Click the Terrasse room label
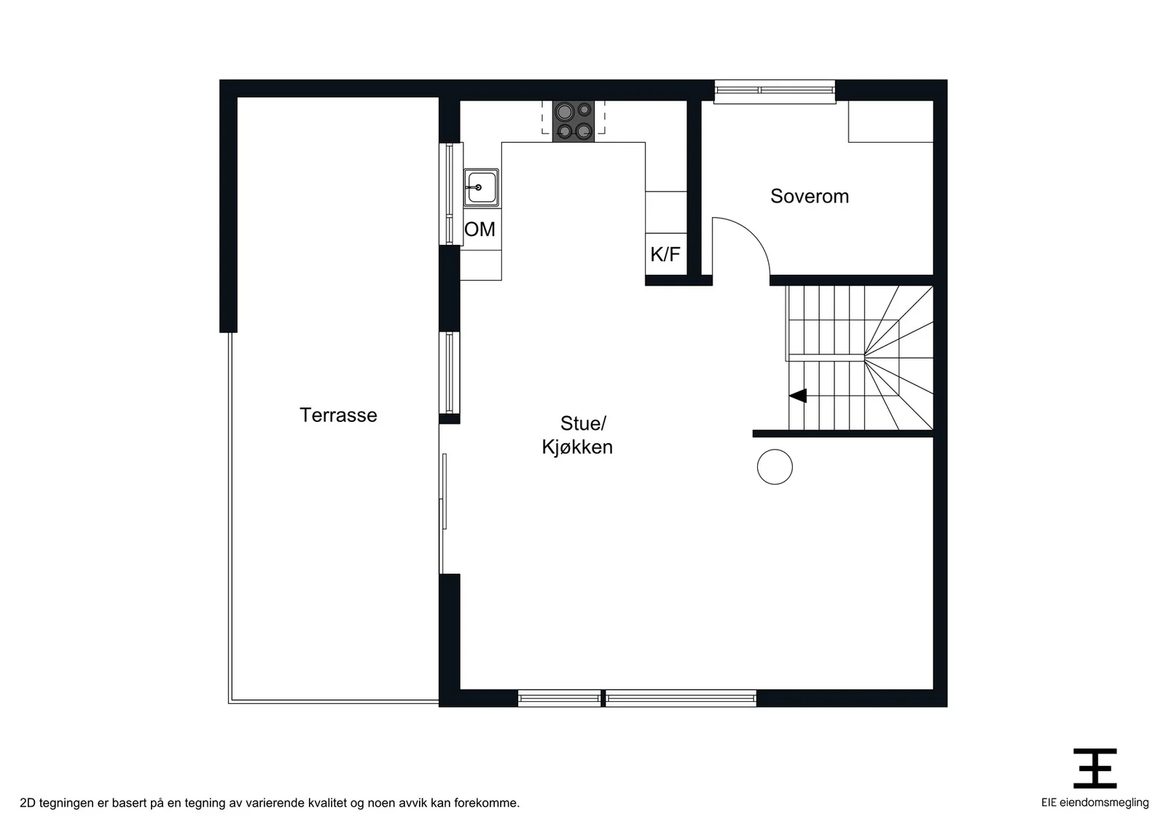338,415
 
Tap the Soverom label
810,196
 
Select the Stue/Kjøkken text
577,435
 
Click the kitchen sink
481,187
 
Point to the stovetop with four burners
573,121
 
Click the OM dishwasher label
480,229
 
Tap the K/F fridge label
665,254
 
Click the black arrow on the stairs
798,396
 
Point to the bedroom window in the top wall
775,91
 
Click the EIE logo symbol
1095,768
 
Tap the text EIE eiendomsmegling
1095,802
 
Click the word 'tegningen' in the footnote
66,803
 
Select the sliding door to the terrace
442,498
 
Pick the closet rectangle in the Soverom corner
891,121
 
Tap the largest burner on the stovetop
564,112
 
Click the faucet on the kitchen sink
474,187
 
